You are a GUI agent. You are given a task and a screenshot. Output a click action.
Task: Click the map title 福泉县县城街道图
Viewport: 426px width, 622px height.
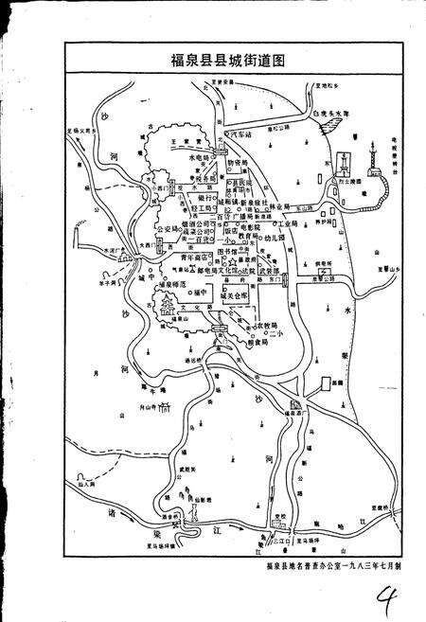click(214, 59)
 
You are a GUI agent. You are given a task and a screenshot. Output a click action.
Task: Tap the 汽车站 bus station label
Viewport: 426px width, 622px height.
click(241, 136)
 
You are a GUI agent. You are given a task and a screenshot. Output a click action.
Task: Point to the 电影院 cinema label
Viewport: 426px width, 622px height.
click(248, 228)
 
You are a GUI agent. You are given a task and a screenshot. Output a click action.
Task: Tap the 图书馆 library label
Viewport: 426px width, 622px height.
click(229, 252)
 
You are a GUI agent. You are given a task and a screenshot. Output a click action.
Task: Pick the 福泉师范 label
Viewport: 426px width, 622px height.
click(177, 282)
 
